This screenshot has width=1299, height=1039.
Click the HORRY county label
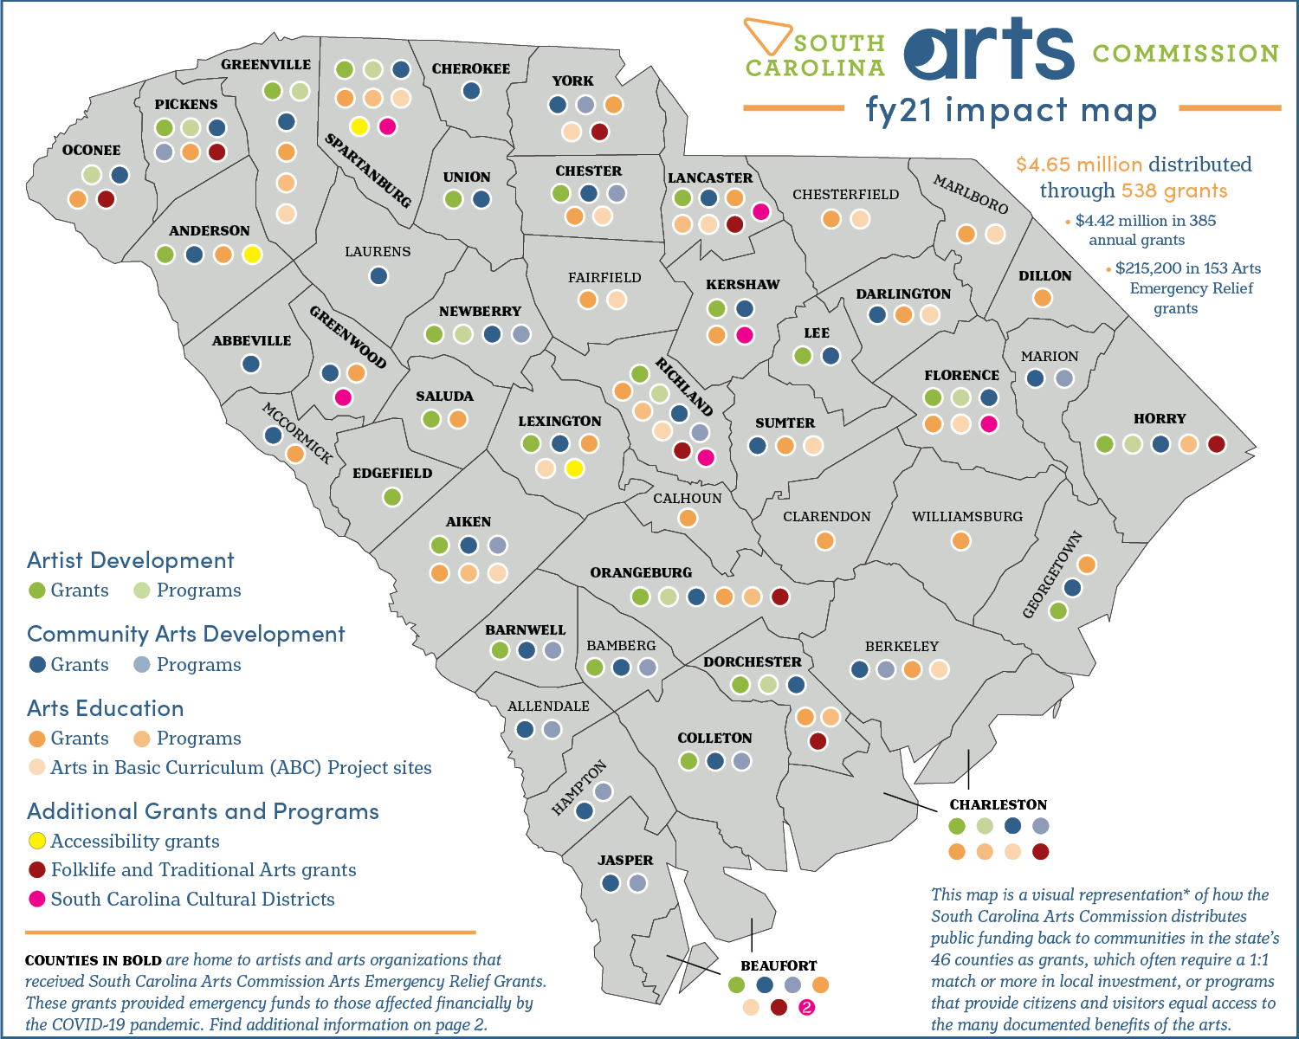pos(1160,419)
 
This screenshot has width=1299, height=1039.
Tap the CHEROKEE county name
pos(471,69)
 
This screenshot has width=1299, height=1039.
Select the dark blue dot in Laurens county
pos(378,276)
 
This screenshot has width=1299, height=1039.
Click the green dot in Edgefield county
pos(392,497)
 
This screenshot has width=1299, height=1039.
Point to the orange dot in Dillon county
pos(1043,298)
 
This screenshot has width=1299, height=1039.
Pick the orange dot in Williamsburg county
pos(960,541)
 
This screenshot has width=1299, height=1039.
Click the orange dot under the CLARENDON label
pos(825,541)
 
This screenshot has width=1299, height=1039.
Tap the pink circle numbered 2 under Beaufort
pos(806,1007)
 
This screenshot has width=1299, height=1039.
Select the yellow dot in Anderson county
pos(252,255)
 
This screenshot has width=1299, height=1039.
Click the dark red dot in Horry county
pos(1217,444)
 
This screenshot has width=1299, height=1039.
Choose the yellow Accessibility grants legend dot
pos(37,841)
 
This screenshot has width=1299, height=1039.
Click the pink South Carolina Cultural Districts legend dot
pos(37,899)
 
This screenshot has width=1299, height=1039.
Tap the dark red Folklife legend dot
pos(37,869)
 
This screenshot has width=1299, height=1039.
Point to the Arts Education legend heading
pos(106,708)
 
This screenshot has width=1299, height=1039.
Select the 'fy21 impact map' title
pos(1011,111)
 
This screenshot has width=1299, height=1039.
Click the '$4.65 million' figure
pos(1079,165)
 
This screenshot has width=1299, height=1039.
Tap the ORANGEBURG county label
pos(641,573)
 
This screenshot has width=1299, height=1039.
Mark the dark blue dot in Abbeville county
pos(251,364)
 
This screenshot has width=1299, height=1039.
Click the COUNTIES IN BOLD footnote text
pos(94,960)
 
